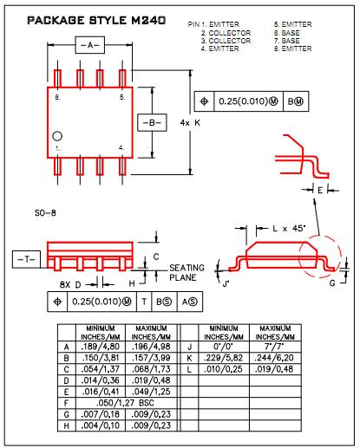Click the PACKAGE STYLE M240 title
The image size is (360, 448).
96,20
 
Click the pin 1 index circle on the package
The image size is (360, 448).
57,136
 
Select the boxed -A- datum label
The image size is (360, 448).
90,45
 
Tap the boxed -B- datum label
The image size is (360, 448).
152,123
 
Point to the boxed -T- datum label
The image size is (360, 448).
26,259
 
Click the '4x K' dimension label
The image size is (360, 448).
190,123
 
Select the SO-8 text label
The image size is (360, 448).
45,213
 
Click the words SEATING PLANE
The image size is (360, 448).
187,272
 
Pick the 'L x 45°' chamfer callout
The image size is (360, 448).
289,229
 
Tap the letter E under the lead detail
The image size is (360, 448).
320,191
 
